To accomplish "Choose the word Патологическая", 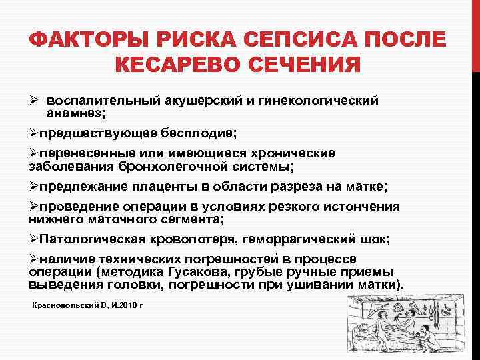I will (x=87, y=239).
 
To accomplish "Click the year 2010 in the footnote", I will (x=126, y=305).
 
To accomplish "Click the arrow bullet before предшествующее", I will (x=34, y=133).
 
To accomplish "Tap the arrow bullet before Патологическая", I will (x=34, y=239).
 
